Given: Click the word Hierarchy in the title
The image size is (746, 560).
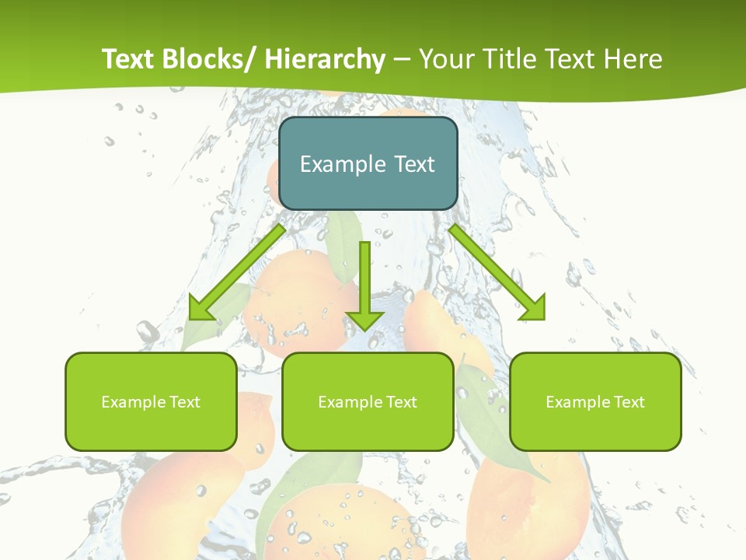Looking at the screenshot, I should (x=325, y=59).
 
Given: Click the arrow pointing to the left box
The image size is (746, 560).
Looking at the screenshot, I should (x=237, y=272).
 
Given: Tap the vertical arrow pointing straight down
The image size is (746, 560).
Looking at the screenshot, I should (x=365, y=284).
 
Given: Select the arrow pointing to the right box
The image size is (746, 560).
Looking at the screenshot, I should (x=497, y=272).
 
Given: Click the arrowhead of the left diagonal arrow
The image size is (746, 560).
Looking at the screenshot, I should (x=200, y=307).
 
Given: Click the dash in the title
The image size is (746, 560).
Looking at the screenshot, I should (x=402, y=59).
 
